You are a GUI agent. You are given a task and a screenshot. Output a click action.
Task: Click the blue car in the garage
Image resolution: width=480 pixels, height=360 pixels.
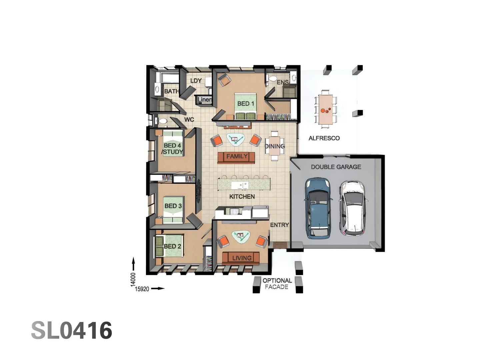[x=318, y=208]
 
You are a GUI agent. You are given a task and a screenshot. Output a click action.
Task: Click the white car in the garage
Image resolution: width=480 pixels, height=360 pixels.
[x=353, y=208]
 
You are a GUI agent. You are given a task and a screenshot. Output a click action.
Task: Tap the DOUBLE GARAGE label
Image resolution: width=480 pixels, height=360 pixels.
[x=336, y=167]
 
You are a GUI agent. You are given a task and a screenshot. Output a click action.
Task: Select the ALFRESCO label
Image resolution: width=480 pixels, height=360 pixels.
[x=324, y=138]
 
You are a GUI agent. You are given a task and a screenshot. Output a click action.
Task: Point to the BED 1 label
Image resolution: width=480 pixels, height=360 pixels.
[x=246, y=104]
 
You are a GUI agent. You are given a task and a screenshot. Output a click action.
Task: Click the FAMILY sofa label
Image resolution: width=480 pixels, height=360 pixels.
[x=237, y=156]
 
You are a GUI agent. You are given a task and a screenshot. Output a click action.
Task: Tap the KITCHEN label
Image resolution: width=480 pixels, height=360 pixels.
[x=242, y=197]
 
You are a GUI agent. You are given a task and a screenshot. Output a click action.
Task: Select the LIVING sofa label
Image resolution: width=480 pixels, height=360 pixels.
[x=242, y=258]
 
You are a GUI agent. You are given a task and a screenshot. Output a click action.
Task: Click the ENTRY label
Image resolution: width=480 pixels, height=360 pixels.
[x=279, y=225]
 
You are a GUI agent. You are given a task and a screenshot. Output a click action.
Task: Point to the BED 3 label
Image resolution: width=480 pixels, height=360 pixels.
[x=173, y=206]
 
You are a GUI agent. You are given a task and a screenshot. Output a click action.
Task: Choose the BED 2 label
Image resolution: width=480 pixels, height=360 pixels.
[x=172, y=246]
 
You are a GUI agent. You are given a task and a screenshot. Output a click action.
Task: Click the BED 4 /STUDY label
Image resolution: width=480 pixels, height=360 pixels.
[x=172, y=149]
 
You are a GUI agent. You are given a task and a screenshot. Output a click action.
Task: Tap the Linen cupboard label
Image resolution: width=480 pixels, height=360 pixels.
[x=204, y=99]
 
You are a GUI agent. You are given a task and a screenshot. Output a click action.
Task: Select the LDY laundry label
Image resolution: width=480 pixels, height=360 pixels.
[x=196, y=81]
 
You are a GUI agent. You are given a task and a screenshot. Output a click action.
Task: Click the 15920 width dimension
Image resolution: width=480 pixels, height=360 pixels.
[x=142, y=289]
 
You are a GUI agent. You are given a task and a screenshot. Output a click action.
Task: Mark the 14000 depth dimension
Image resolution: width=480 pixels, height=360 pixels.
[x=133, y=279]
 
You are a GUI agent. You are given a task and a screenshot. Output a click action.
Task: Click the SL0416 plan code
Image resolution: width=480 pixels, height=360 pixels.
[x=72, y=331]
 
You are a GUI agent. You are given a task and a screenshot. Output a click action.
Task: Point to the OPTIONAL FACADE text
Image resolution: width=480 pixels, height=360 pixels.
[x=277, y=284]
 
